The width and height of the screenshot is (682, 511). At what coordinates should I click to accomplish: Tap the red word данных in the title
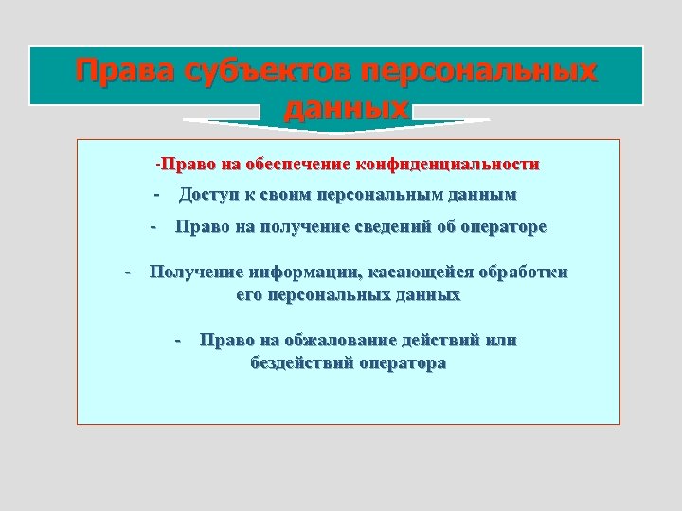346,108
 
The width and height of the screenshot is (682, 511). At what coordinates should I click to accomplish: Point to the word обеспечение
296,165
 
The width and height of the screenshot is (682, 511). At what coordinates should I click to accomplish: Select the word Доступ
209,195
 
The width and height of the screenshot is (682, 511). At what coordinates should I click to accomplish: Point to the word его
248,295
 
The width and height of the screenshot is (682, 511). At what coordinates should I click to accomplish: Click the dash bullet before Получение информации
129,273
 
